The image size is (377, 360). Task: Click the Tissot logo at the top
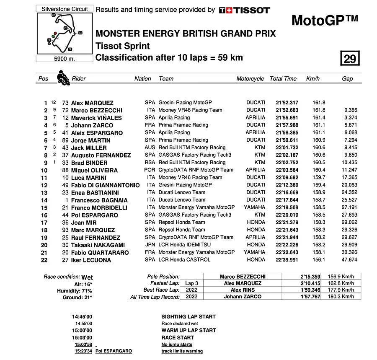click(244, 10)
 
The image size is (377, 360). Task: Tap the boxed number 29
click(349, 59)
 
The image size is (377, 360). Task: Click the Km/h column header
click(313, 79)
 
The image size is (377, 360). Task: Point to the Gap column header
click(347, 79)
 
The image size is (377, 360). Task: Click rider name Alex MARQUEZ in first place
click(92, 103)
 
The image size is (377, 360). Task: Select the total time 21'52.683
click(287, 110)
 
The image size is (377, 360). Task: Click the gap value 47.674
click(349, 260)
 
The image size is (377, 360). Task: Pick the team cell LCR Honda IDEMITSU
click(185, 245)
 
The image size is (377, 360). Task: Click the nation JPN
click(150, 245)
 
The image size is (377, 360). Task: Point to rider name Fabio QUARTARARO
click(100, 253)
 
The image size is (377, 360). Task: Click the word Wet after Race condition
click(87, 277)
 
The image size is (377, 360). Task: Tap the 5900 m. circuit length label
click(64, 59)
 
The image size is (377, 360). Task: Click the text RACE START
click(178, 337)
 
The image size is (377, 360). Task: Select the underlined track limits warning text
click(182, 351)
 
